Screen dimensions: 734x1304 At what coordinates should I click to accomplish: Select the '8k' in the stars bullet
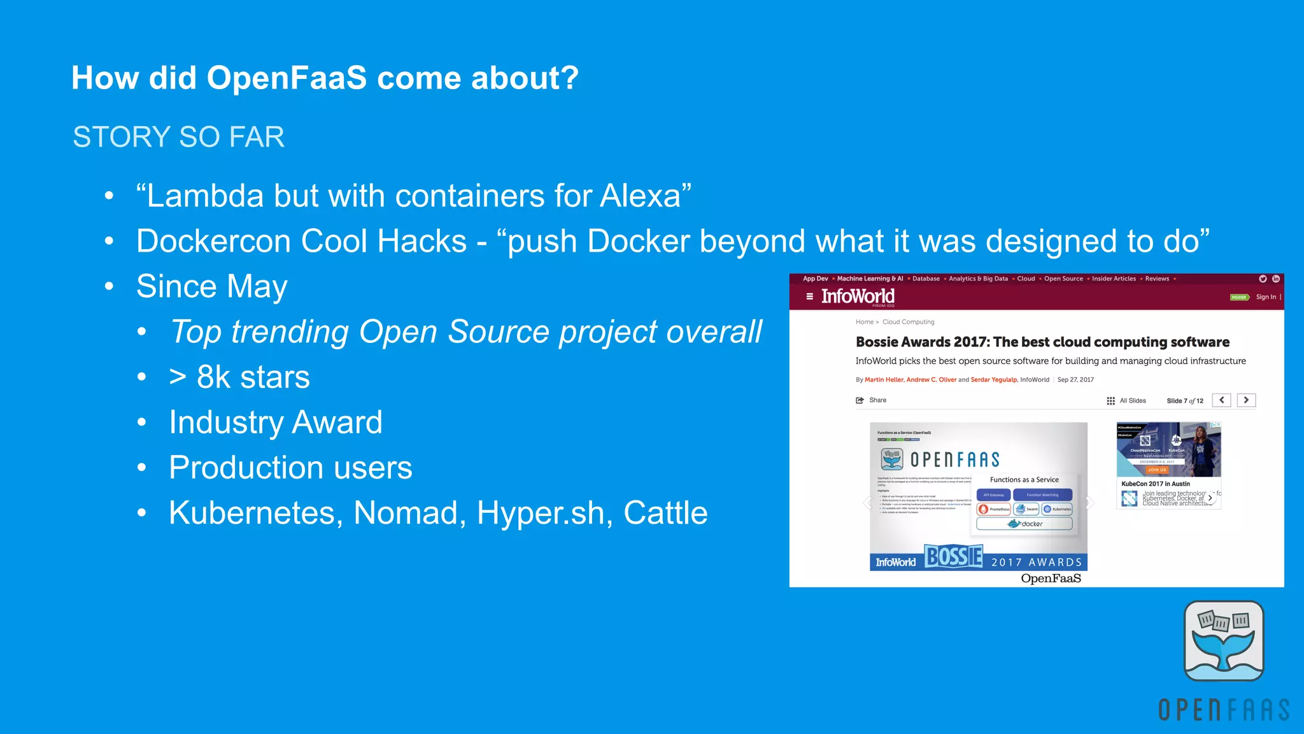click(x=213, y=377)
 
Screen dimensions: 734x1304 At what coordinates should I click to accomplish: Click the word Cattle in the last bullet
click(x=665, y=513)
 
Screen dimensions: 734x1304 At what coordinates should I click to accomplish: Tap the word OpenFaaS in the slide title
click(x=287, y=78)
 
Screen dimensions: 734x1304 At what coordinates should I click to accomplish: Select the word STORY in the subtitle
click(x=121, y=137)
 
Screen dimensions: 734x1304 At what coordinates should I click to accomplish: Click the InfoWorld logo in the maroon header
click(x=858, y=296)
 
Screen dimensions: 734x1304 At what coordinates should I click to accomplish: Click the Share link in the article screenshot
click(x=877, y=400)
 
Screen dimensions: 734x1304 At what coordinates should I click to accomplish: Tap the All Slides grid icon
click(x=1110, y=401)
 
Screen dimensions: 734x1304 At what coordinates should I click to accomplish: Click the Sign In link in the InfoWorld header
click(x=1265, y=297)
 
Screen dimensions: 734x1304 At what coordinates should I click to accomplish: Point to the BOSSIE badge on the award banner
click(x=953, y=557)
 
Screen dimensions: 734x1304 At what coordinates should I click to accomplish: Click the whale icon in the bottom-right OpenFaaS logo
click(x=1223, y=641)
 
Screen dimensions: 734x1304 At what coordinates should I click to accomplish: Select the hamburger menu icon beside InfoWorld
click(x=809, y=296)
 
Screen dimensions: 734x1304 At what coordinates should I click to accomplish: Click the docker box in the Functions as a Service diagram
click(x=1024, y=524)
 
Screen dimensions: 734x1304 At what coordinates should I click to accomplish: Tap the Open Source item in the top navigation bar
click(x=1063, y=278)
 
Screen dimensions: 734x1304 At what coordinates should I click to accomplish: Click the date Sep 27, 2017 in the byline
click(x=1075, y=380)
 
